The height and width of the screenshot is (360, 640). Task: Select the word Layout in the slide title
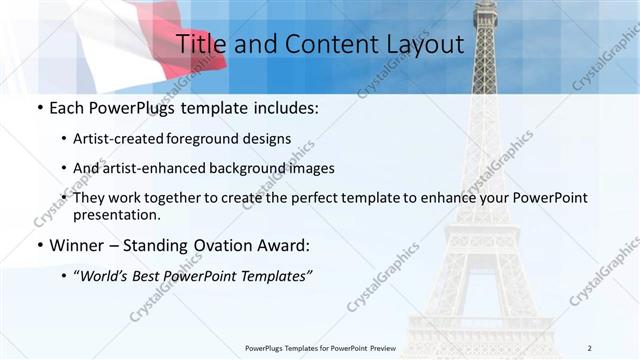422,45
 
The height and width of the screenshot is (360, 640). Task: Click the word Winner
80,245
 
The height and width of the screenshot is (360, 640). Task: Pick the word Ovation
230,245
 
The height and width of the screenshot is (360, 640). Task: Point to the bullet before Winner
38,246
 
